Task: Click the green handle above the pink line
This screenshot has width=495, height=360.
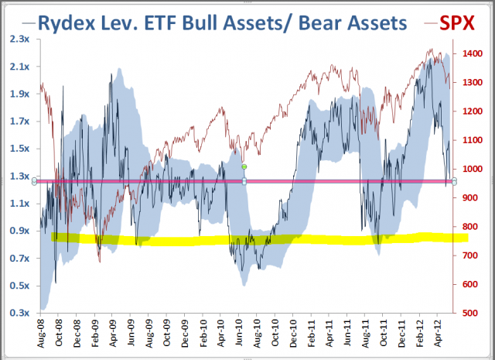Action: pyautogui.click(x=244, y=166)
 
